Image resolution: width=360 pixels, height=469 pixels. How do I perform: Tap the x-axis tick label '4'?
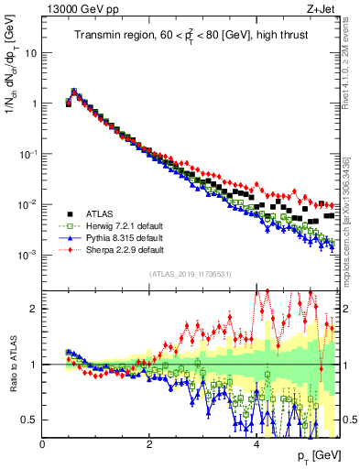tap(256, 444)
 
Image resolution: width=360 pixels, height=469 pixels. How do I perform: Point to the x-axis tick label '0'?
tap(43, 444)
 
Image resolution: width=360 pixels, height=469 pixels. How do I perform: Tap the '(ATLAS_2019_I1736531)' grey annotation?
tap(191, 273)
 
